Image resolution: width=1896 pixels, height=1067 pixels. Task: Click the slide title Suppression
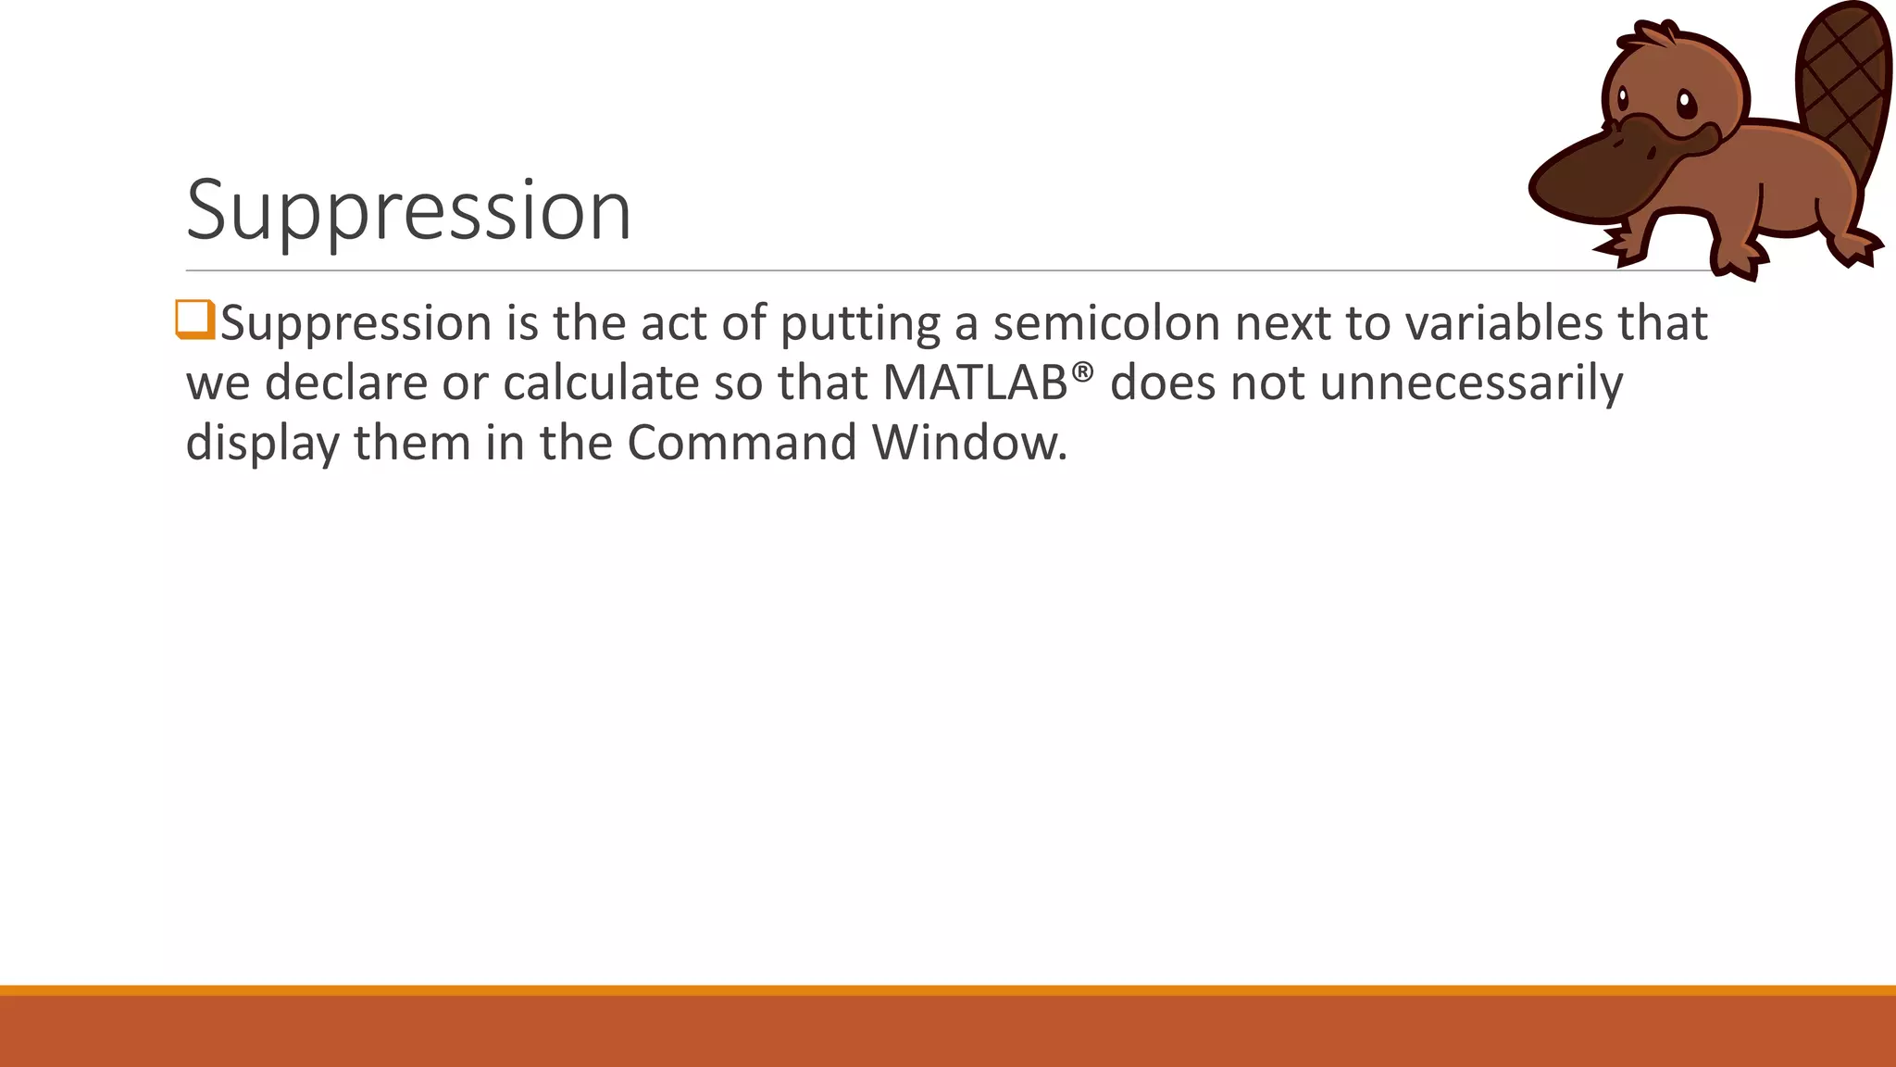click(x=408, y=211)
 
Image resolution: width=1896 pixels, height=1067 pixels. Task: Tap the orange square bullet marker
click(x=195, y=320)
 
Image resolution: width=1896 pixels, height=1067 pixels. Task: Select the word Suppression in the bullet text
click(x=356, y=324)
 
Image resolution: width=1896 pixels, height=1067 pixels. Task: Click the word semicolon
click(x=1104, y=323)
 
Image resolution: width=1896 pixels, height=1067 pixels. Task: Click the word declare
click(x=345, y=383)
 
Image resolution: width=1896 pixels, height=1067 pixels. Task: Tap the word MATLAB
click(x=975, y=383)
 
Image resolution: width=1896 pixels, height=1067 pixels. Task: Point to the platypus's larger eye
click(x=1687, y=103)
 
